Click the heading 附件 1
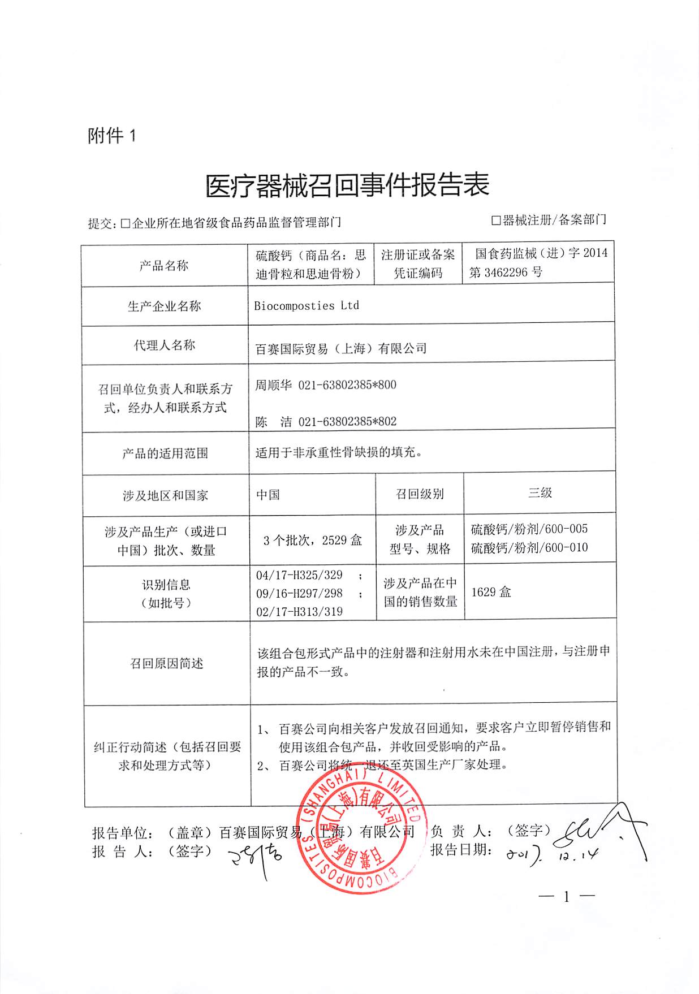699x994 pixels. pyautogui.click(x=111, y=136)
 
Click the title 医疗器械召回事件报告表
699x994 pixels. pyautogui.click(x=347, y=185)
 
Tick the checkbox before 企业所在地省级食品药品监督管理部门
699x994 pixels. pyautogui.click(x=125, y=223)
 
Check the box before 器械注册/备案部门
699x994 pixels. pyautogui.click(x=496, y=221)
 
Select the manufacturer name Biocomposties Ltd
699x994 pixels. pyautogui.click(x=307, y=306)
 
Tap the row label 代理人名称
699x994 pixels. pyautogui.click(x=165, y=345)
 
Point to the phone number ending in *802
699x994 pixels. pyautogui.click(x=347, y=422)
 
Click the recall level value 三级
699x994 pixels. pyautogui.click(x=540, y=492)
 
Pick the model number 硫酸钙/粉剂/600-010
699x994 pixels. pyautogui.click(x=529, y=548)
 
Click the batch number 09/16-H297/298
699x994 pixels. pyautogui.click(x=300, y=593)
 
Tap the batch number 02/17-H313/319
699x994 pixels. pyautogui.click(x=300, y=611)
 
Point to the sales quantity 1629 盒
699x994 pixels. pyautogui.click(x=491, y=592)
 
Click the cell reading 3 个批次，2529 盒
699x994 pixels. pyautogui.click(x=312, y=541)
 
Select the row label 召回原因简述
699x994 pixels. pyautogui.click(x=167, y=663)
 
